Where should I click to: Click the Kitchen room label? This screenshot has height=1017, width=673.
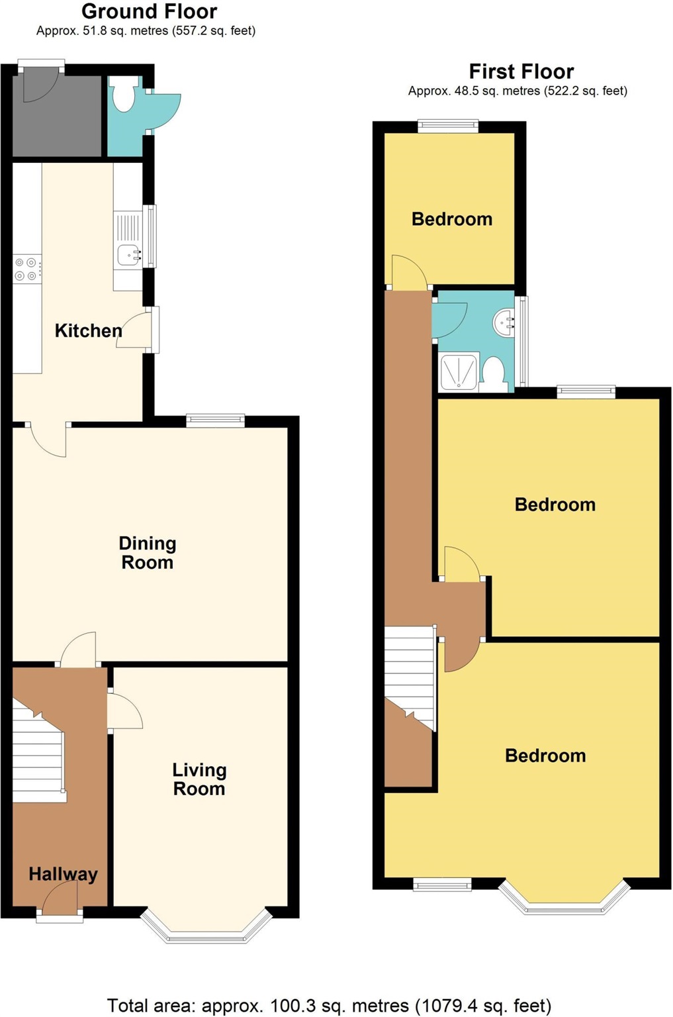(88, 330)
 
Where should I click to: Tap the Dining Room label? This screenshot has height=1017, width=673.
(147, 553)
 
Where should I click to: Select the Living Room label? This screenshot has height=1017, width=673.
(199, 779)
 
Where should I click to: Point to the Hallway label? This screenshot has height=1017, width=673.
(63, 874)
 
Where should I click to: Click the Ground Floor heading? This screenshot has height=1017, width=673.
(149, 11)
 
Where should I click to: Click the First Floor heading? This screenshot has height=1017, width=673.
(521, 72)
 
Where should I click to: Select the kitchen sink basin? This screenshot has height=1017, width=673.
(128, 254)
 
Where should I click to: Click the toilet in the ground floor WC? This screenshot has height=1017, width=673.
(123, 95)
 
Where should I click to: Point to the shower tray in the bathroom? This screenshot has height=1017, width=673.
(459, 372)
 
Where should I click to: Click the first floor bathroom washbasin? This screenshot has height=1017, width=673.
(505, 322)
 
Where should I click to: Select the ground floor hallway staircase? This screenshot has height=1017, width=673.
(38, 755)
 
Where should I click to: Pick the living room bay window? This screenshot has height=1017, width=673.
(206, 930)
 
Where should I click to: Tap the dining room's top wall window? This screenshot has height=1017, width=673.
(216, 420)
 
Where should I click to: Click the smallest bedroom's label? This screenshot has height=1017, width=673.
(452, 219)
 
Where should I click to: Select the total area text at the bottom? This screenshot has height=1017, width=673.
(329, 1006)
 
